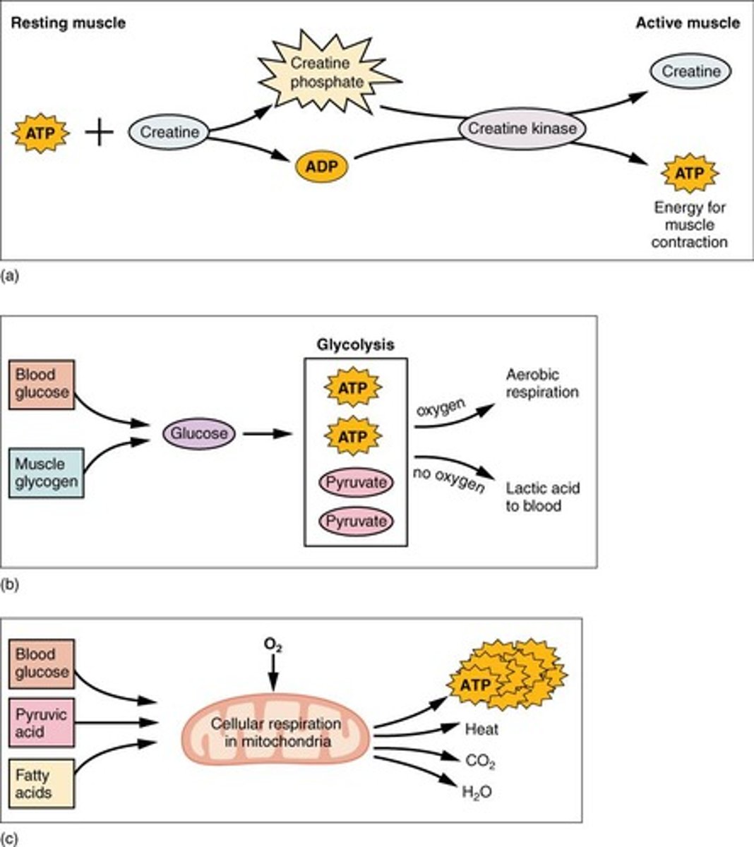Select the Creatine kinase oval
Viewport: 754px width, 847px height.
click(522, 128)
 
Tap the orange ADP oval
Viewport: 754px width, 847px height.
click(322, 167)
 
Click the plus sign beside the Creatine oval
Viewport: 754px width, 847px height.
click(100, 132)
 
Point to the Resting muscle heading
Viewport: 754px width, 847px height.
click(68, 23)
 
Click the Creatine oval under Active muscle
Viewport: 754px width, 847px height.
click(690, 71)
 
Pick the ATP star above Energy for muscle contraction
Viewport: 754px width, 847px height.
click(689, 173)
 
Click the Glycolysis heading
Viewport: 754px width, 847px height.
click(356, 345)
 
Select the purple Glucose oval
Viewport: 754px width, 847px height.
click(198, 433)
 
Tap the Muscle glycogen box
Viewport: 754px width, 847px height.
click(47, 473)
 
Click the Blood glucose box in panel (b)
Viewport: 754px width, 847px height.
click(42, 385)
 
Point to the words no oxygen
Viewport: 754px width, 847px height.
click(449, 479)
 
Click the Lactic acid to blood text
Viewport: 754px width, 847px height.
click(542, 497)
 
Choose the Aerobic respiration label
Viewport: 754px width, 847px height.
click(541, 383)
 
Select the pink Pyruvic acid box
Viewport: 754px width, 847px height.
click(42, 723)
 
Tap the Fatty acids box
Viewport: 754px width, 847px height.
click(42, 783)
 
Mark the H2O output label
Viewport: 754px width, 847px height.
click(477, 792)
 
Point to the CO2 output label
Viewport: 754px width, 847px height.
click(480, 761)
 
